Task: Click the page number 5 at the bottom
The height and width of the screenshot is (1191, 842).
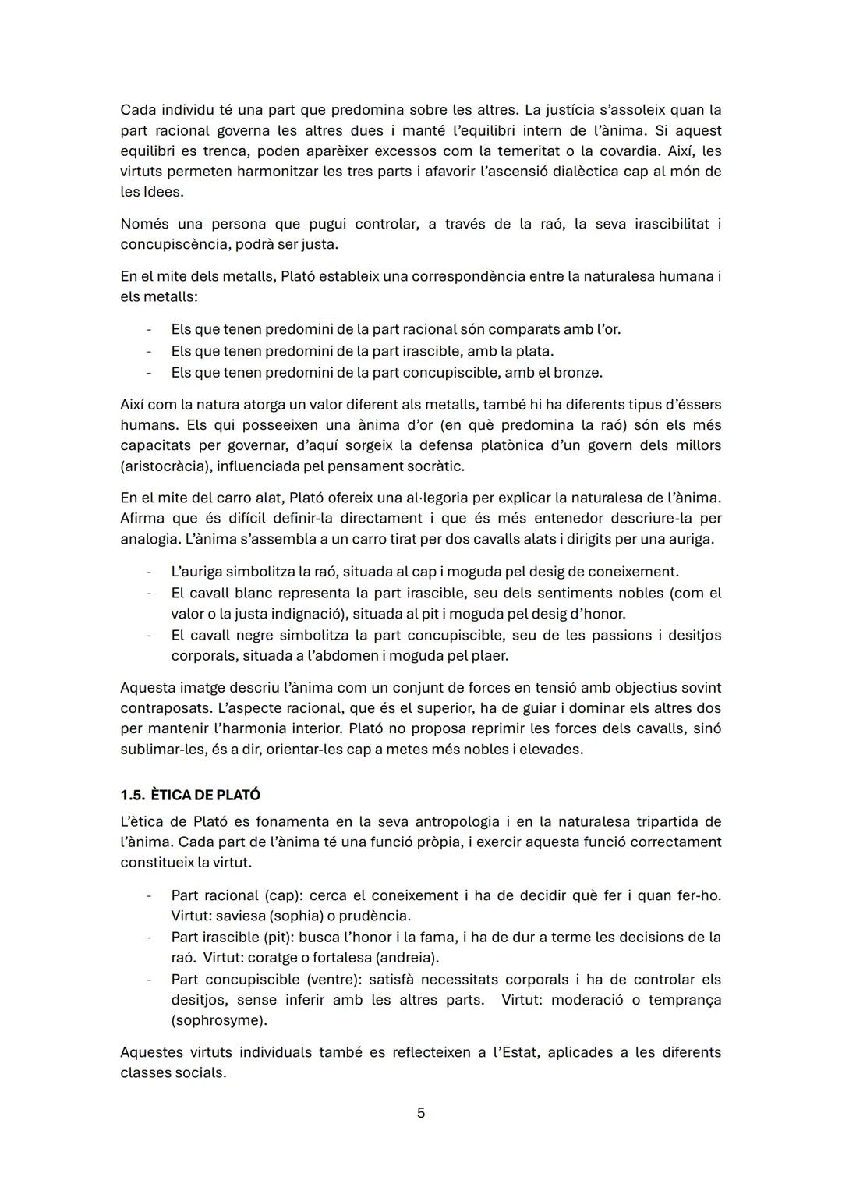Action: point(421,1113)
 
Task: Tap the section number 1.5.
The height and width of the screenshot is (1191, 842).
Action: point(133,795)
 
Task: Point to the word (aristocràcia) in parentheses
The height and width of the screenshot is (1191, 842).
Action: point(165,466)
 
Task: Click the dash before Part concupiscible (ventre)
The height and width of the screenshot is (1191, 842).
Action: point(148,979)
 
